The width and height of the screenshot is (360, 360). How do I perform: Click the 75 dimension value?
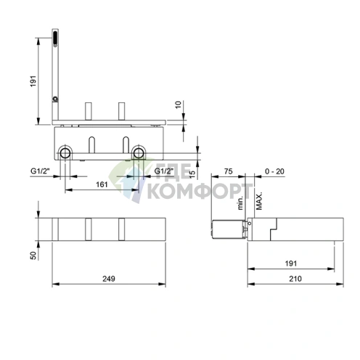[228, 171]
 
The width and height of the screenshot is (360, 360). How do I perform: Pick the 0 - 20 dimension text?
[274, 171]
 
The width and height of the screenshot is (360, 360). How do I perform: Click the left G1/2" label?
[41, 172]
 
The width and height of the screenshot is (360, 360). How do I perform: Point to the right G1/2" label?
[161, 172]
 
